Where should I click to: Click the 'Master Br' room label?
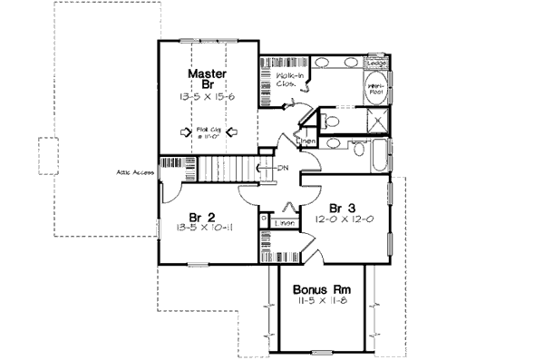click(x=208, y=78)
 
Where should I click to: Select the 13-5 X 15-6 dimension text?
click(x=208, y=96)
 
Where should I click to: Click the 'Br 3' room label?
click(x=342, y=206)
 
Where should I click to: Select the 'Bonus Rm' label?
click(x=316, y=290)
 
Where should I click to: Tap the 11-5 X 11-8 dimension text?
click(x=317, y=302)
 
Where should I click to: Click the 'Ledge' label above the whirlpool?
click(x=376, y=63)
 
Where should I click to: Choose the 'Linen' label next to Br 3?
click(x=285, y=221)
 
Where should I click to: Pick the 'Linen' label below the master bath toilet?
click(x=308, y=142)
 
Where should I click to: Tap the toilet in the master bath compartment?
click(x=331, y=119)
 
